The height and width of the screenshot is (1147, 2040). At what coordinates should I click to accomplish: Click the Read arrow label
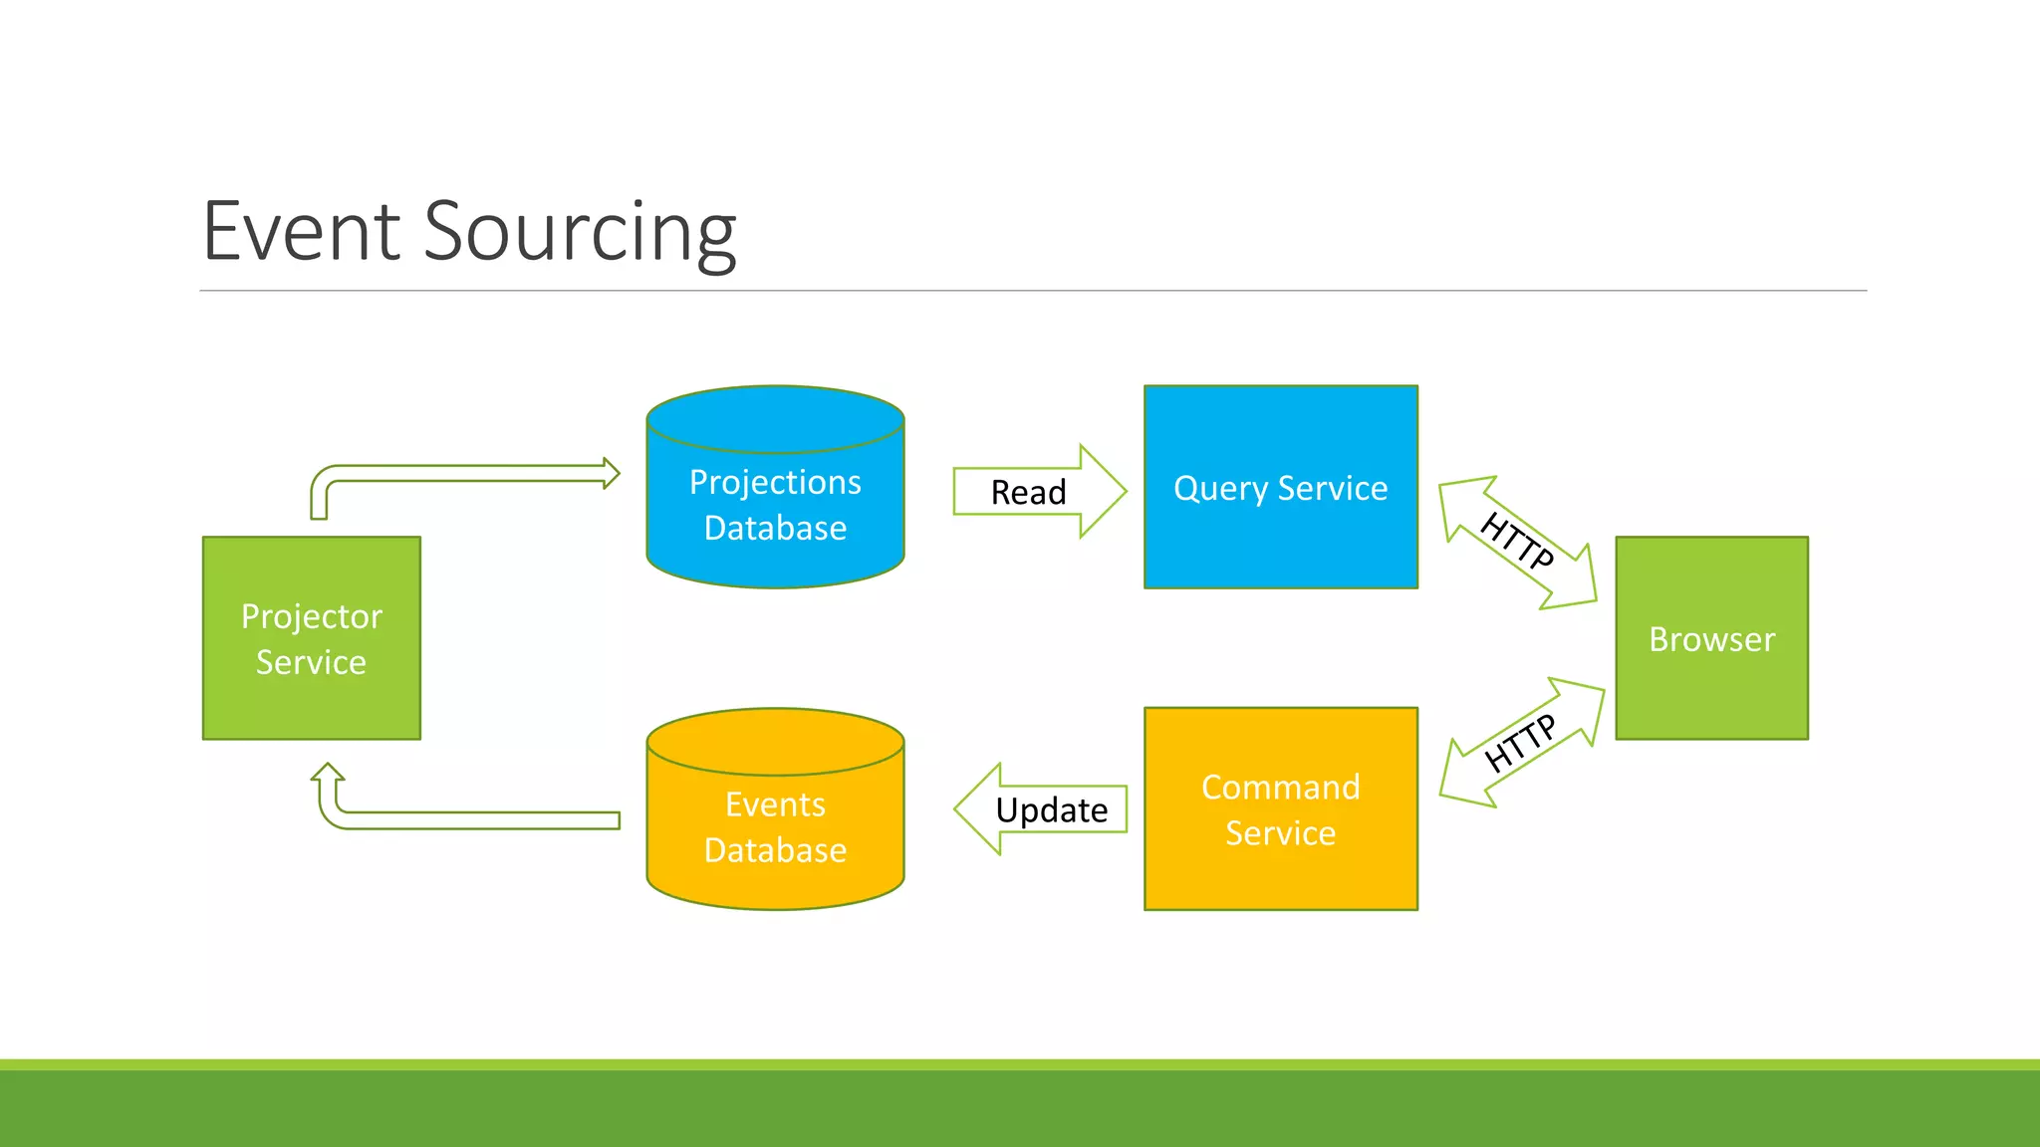pos(1028,492)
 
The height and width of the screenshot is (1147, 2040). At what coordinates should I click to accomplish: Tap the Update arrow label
pos(1051,809)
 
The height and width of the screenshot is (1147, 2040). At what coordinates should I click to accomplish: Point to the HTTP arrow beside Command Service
pos(1520,743)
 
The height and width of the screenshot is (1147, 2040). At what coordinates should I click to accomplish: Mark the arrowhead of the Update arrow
pos(979,808)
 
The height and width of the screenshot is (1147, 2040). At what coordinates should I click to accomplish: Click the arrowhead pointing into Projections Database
pos(611,473)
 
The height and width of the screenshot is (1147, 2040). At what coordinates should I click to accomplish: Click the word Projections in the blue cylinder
pos(775,482)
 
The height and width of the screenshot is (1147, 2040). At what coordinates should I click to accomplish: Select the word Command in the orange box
pos(1280,787)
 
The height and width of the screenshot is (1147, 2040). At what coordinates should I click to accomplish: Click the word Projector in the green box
pos(311,616)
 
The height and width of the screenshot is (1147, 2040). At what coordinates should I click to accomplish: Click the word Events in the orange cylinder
pos(775,803)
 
